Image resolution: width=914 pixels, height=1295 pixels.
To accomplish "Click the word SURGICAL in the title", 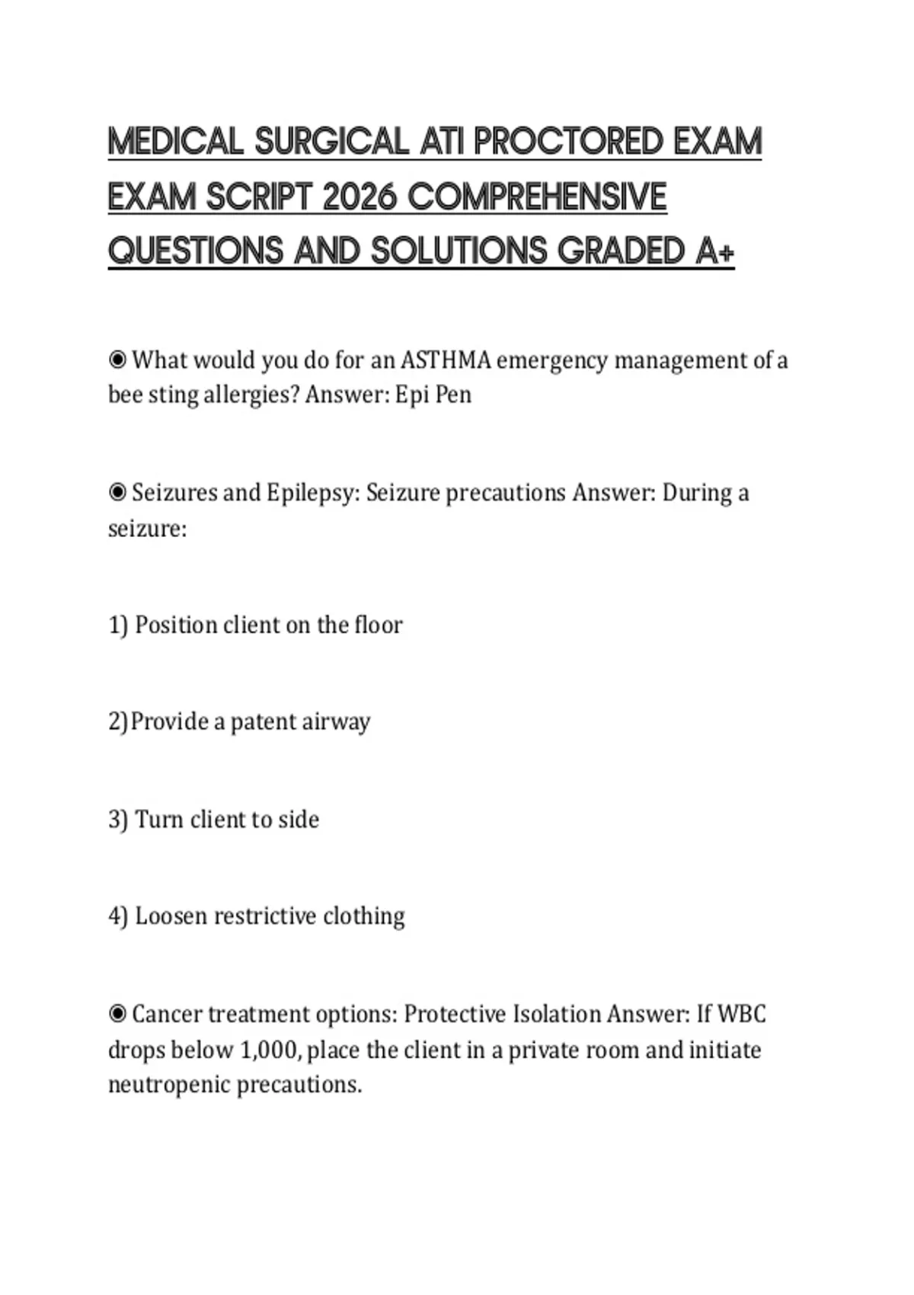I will click(x=331, y=142).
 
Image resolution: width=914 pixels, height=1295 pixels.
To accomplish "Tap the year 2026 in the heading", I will click(x=360, y=197).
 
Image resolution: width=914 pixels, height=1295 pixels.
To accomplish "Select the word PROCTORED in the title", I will click(x=558, y=142).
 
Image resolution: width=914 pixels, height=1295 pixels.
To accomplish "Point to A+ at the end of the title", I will click(x=715, y=251).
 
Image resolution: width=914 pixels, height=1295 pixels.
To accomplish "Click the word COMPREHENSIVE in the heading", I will click(x=538, y=197).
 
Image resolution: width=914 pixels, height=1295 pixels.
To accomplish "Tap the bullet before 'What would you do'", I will click(x=117, y=360).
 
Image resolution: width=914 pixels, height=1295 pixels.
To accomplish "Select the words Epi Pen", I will click(x=433, y=395).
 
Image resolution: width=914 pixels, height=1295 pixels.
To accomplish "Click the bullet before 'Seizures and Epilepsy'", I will click(x=117, y=493).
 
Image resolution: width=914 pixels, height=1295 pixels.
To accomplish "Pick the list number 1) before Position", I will click(x=118, y=625).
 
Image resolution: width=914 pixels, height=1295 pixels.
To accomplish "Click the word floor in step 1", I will click(x=379, y=625).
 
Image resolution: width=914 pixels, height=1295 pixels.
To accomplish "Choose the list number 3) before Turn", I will click(x=118, y=820).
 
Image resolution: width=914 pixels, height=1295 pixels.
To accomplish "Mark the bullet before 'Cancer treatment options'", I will click(x=117, y=1014).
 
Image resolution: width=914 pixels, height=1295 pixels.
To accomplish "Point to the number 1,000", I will click(x=270, y=1050).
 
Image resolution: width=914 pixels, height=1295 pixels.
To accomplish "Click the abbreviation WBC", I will click(x=742, y=1014).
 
